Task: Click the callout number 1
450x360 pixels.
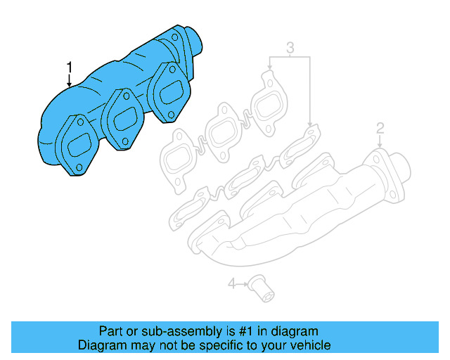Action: [x=69, y=66]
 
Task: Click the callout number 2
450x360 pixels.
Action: [x=380, y=127]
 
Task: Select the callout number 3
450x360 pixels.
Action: [x=289, y=48]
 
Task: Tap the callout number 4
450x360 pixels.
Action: [x=232, y=284]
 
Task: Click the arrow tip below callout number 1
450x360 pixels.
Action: [x=69, y=86]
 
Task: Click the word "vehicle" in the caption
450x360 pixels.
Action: [x=309, y=345]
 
